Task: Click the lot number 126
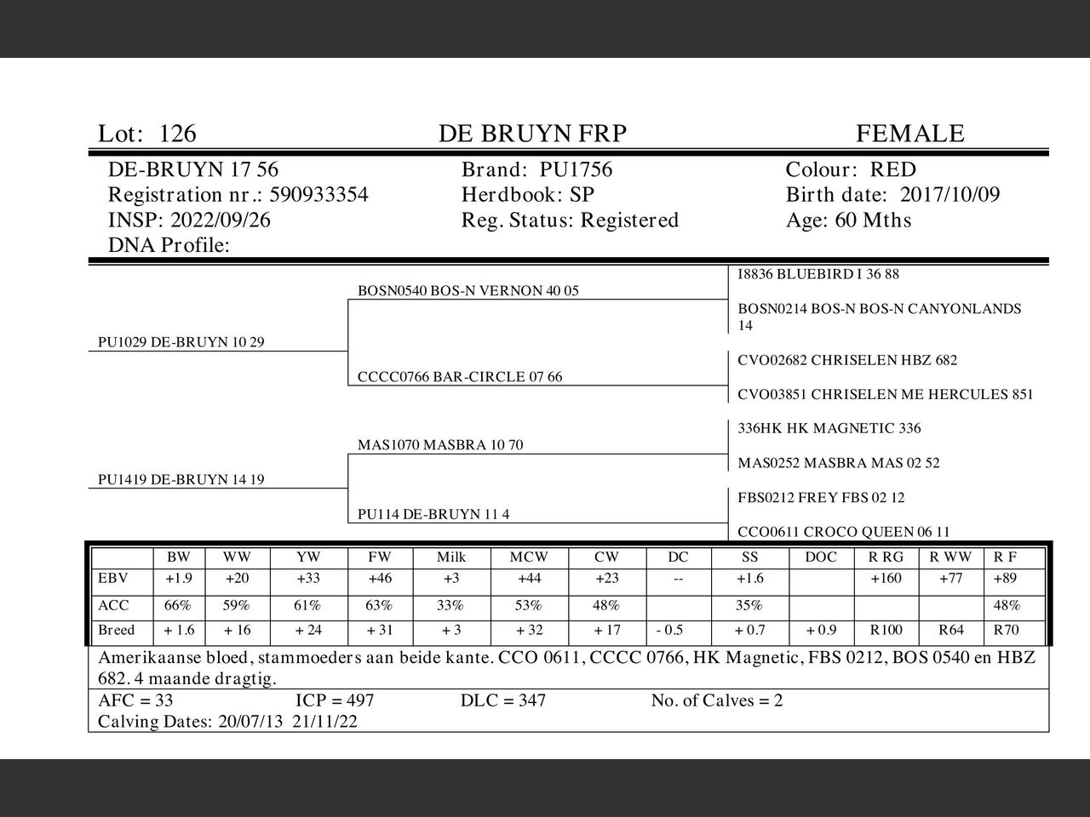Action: point(177,134)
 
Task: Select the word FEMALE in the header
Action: point(909,134)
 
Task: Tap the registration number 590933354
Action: point(318,195)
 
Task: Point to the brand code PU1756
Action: point(576,170)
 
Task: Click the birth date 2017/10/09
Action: point(949,195)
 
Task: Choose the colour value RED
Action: point(892,170)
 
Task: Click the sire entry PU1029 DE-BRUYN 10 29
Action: point(181,342)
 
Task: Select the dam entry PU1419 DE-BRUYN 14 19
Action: point(181,479)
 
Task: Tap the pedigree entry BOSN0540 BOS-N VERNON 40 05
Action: point(468,290)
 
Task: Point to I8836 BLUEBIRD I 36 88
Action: point(817,274)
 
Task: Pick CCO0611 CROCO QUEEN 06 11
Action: point(843,532)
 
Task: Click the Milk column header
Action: point(451,557)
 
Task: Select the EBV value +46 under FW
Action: point(380,579)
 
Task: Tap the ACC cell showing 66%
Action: point(178,606)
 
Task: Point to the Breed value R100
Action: point(886,631)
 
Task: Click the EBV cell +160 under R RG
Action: point(886,579)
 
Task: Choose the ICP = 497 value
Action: point(335,700)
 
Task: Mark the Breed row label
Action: point(117,631)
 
